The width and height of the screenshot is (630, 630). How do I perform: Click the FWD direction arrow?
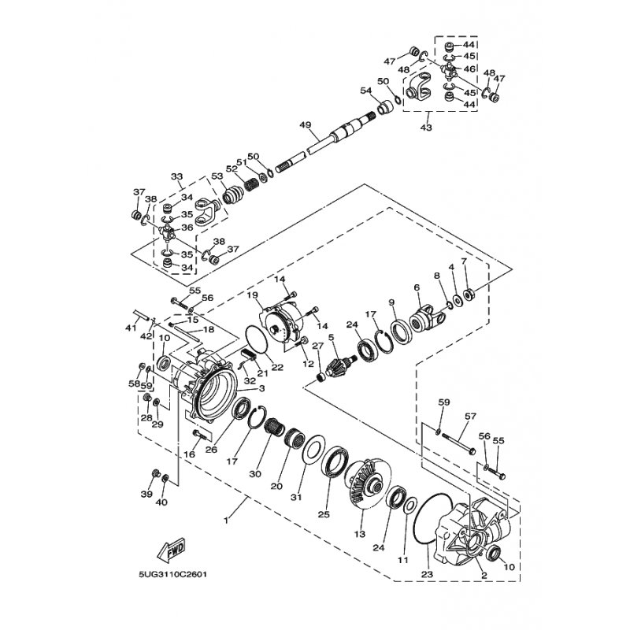coord(171,548)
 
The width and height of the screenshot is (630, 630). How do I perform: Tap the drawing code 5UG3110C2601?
coord(172,575)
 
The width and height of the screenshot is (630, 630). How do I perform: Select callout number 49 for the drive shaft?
coord(306,125)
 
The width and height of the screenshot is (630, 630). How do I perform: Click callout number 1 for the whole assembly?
coord(226,521)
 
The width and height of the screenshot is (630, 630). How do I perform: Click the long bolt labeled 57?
coord(458,442)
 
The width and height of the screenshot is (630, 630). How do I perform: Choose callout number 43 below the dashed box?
coord(426,128)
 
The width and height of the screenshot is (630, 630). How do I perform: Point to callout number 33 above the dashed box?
coord(176,176)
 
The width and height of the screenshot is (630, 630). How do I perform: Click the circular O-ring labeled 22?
coord(257,340)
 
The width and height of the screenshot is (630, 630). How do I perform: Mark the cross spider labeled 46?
coord(448,69)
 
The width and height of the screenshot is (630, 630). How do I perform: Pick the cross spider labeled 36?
coord(167,233)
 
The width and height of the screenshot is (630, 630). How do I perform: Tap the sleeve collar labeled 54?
coord(386,108)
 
